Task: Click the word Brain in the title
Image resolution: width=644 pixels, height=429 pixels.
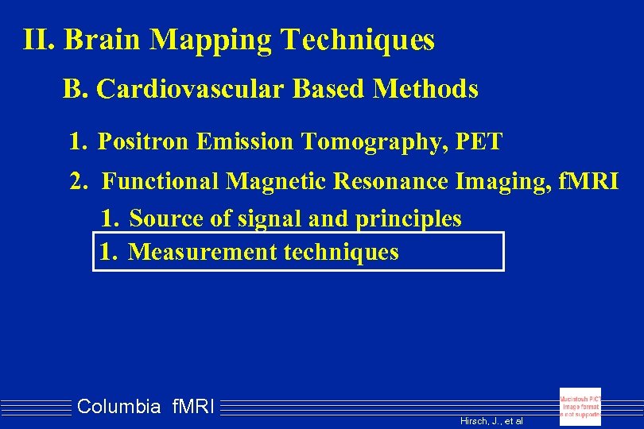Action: coord(103,40)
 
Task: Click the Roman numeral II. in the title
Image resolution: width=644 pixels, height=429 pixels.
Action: coord(40,40)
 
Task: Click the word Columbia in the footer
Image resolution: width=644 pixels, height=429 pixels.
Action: coord(118,408)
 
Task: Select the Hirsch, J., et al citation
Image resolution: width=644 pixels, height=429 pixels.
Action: coord(491,421)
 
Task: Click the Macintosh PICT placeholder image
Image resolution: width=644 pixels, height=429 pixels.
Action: coord(580,406)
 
